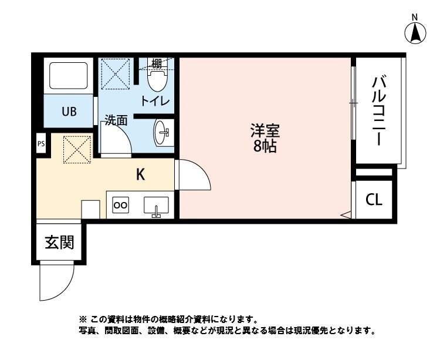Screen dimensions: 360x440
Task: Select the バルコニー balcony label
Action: pyautogui.click(x=377, y=112)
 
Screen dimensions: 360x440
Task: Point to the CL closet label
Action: pyautogui.click(x=374, y=200)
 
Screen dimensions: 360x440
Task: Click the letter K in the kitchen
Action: pyautogui.click(x=141, y=174)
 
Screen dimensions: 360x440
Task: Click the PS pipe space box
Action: pyautogui.click(x=40, y=143)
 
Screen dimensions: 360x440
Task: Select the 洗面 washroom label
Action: pyautogui.click(x=116, y=120)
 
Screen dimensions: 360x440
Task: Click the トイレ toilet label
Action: pyautogui.click(x=154, y=101)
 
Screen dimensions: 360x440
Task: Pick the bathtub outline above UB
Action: pyautogui.click(x=67, y=75)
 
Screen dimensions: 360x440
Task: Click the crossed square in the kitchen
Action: pyautogui.click(x=77, y=149)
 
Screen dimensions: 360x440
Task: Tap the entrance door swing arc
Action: pyautogui.click(x=55, y=282)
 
